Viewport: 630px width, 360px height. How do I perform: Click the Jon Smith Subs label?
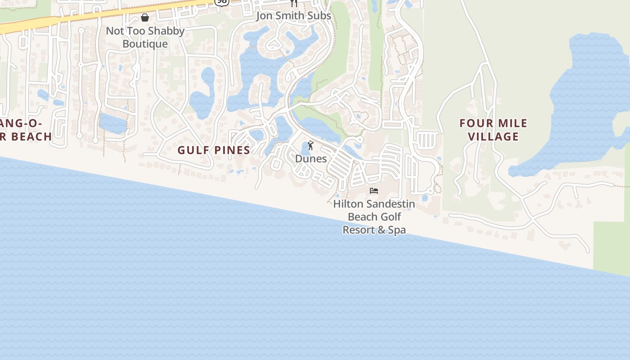tap(293, 16)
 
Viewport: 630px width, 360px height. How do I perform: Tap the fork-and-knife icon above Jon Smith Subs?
tap(294, 3)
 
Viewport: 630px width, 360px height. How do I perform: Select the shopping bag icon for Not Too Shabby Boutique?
tap(145, 18)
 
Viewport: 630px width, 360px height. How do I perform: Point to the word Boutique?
tap(145, 44)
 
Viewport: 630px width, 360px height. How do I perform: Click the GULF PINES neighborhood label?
tap(214, 150)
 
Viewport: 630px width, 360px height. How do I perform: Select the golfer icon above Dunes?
tap(310, 145)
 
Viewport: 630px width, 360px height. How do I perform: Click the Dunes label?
tap(311, 159)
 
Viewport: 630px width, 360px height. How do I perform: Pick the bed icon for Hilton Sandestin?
tap(374, 191)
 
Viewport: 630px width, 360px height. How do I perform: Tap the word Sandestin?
tap(391, 204)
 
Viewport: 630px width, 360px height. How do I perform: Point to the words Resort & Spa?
tap(374, 230)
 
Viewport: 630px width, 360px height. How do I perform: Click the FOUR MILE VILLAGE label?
tap(493, 130)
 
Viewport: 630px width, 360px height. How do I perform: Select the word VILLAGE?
tap(493, 136)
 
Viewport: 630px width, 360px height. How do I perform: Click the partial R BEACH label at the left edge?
tap(26, 136)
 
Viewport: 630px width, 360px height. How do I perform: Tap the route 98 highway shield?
tap(221, 2)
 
